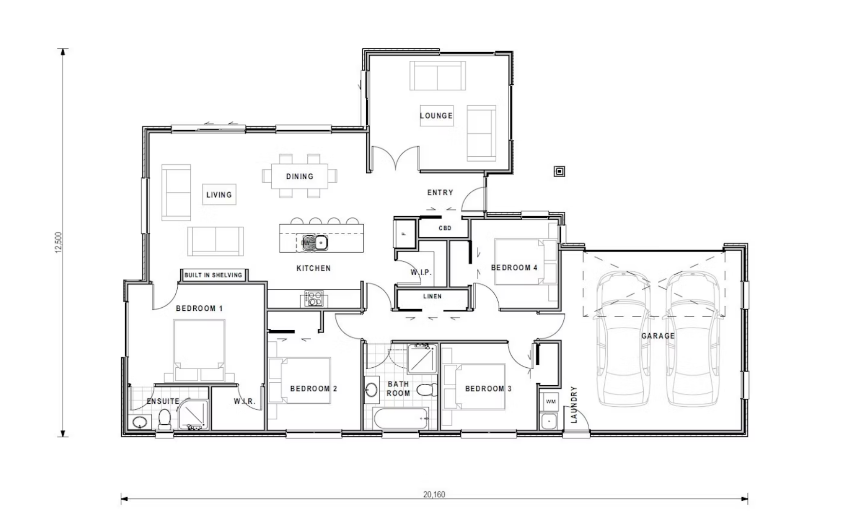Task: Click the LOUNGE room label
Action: click(x=436, y=116)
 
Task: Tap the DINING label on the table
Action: click(x=299, y=176)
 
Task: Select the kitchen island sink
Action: click(x=315, y=242)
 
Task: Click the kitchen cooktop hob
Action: click(x=314, y=298)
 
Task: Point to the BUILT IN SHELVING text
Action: click(x=213, y=275)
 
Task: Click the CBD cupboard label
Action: click(x=445, y=228)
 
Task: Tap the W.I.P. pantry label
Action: click(x=421, y=272)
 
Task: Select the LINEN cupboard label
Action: click(x=432, y=296)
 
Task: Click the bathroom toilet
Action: click(x=427, y=390)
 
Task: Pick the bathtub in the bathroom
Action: click(x=400, y=418)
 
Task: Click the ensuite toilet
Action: click(x=165, y=419)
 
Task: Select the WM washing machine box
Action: click(x=550, y=402)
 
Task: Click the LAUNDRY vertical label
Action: click(x=574, y=405)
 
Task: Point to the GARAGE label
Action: click(x=658, y=336)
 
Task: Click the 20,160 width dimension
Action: click(x=434, y=494)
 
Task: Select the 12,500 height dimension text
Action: click(x=59, y=243)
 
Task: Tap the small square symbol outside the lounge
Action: click(x=560, y=171)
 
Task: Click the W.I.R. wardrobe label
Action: click(x=244, y=401)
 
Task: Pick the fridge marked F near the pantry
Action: click(x=404, y=234)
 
